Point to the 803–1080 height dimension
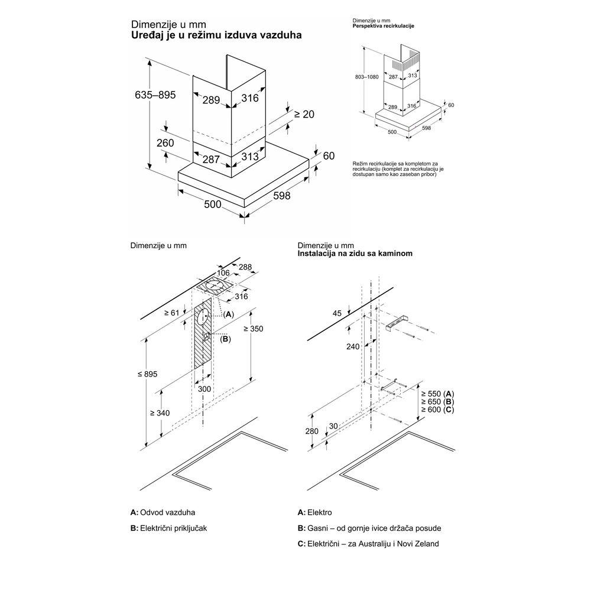click(363, 77)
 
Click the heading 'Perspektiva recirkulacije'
click(383, 27)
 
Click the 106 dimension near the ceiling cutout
click(222, 272)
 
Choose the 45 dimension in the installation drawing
click(337, 314)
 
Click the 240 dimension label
click(353, 347)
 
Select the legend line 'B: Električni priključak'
click(169, 528)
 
